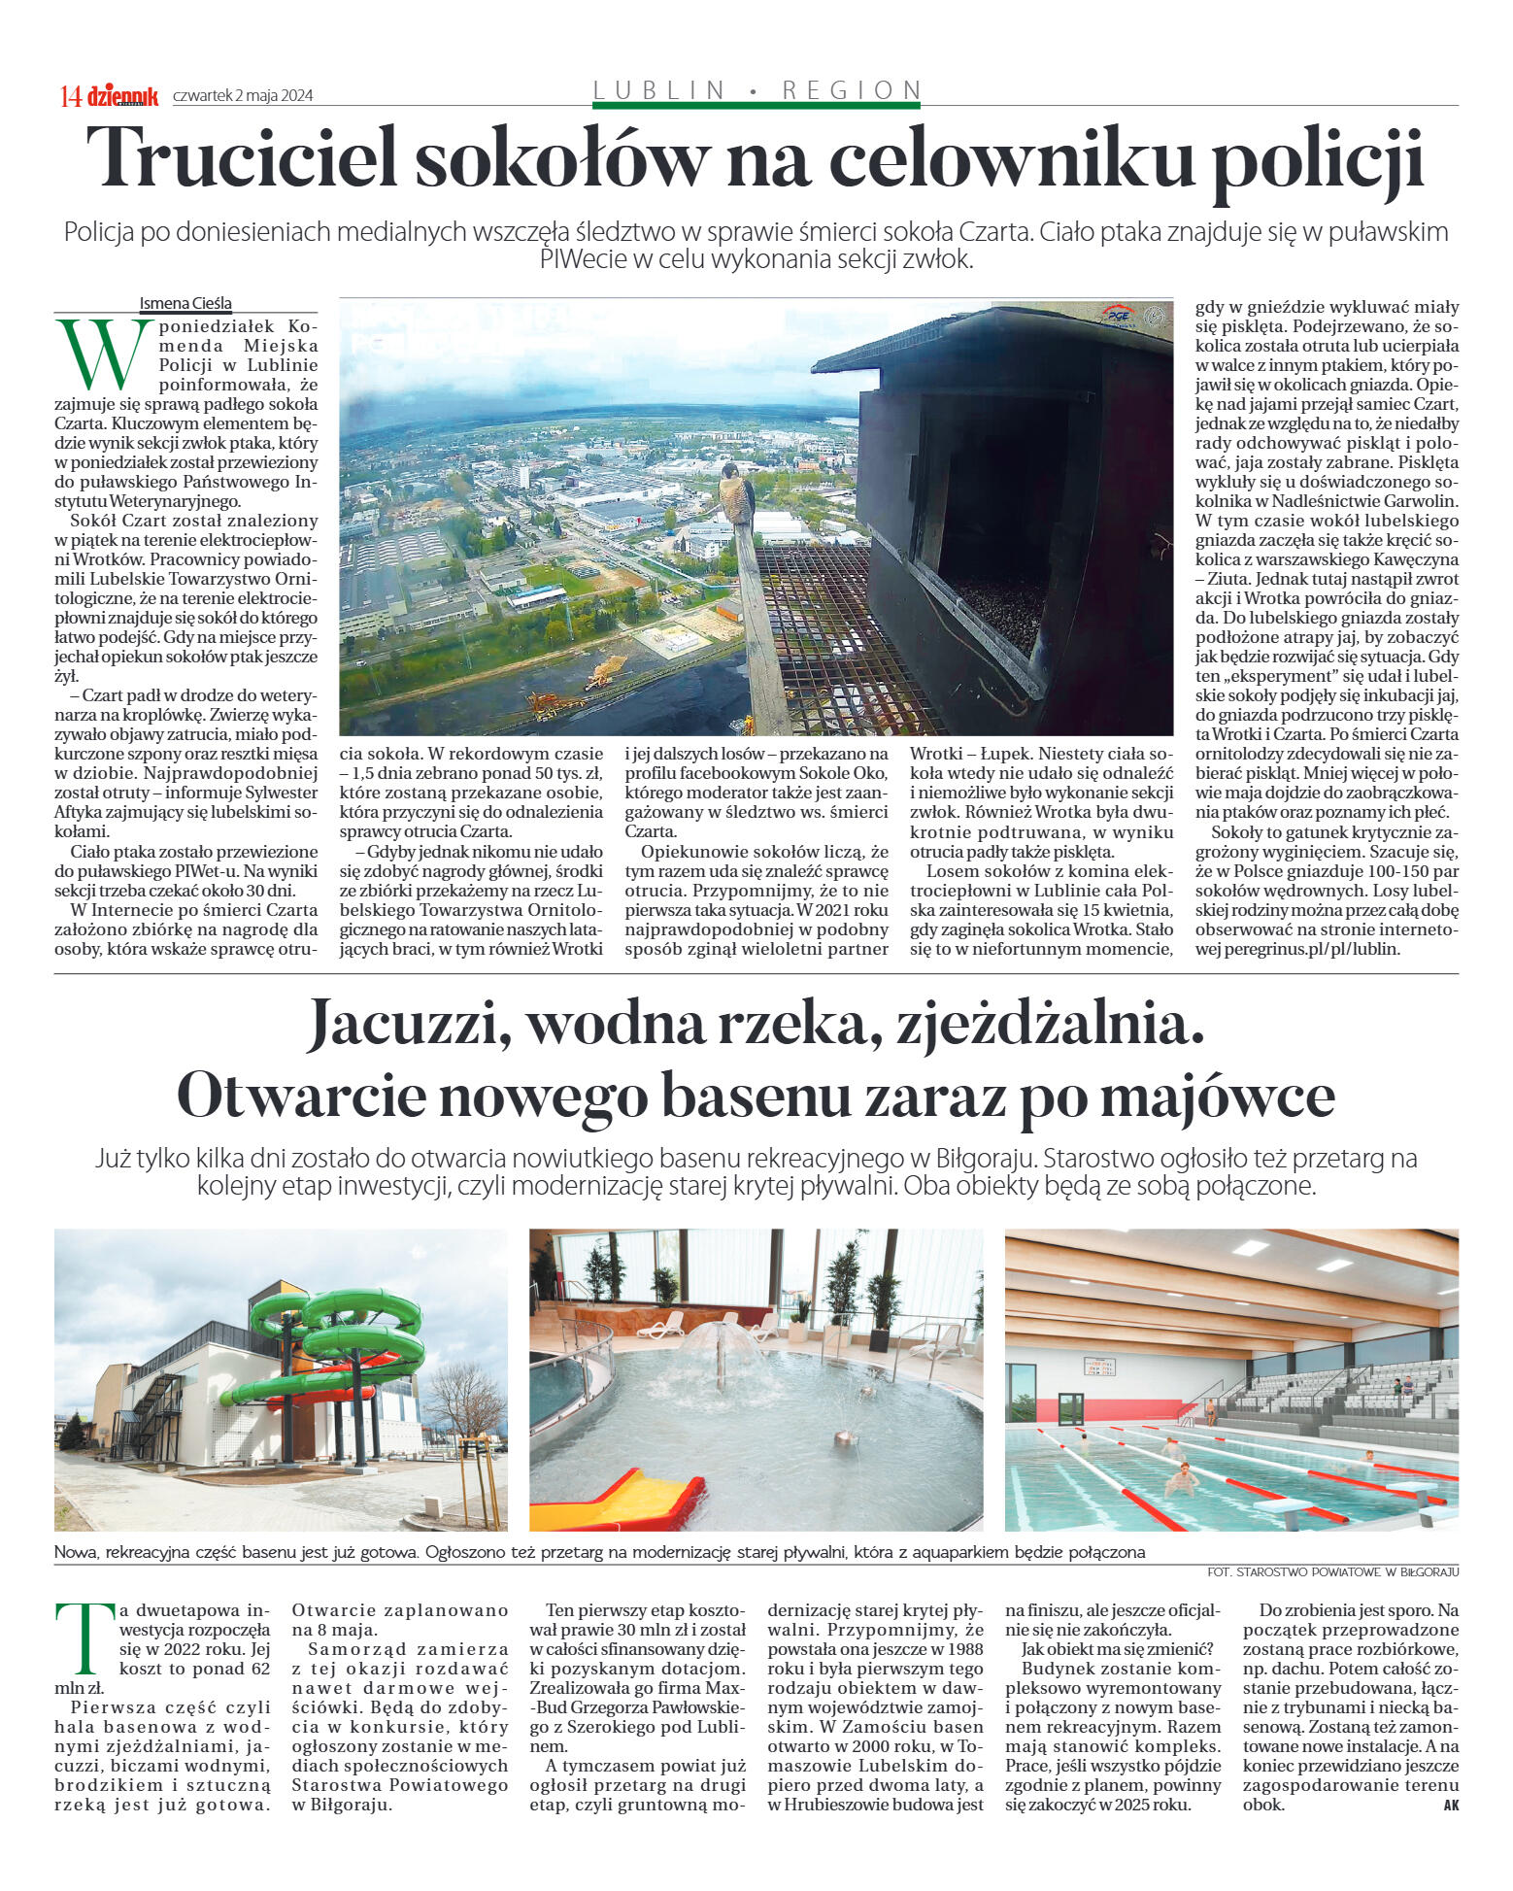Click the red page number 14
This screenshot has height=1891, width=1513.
point(70,96)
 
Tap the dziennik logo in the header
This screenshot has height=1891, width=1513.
point(122,95)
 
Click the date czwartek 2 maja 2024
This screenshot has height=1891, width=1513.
point(243,95)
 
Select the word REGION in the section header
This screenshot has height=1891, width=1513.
point(851,90)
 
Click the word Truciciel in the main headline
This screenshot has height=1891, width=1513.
point(242,158)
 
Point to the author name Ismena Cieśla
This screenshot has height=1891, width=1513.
point(185,303)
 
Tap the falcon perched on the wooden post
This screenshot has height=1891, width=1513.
point(737,493)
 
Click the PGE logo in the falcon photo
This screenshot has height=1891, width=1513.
point(1117,316)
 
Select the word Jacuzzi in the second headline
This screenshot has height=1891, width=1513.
point(409,1025)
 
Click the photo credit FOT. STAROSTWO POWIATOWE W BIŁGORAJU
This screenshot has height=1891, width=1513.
point(1332,1571)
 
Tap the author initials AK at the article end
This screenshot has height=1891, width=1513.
point(1450,1806)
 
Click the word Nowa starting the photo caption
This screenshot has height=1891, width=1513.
point(74,1552)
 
